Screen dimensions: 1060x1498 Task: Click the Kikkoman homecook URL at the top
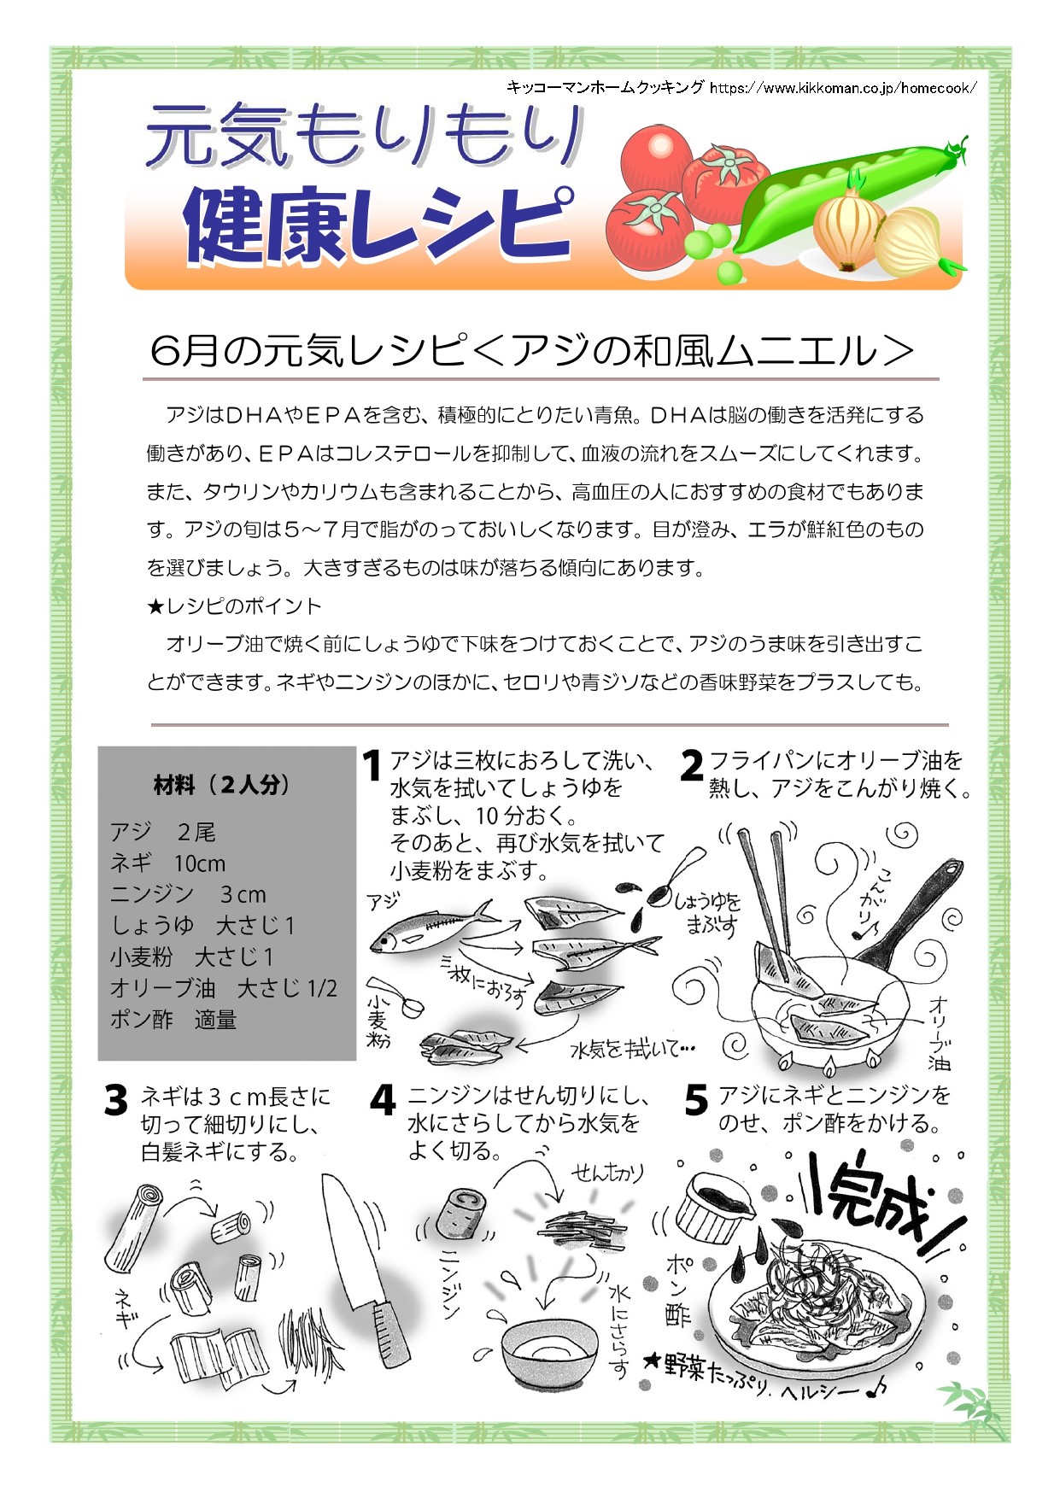tap(842, 88)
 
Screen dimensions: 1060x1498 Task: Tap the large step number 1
tap(372, 765)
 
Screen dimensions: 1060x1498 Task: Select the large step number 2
tap(692, 765)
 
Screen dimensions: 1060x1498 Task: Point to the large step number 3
tap(116, 1100)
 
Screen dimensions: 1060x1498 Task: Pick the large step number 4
tap(384, 1100)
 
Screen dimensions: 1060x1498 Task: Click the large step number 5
tap(697, 1100)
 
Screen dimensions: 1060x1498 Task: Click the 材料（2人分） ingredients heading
tap(222, 785)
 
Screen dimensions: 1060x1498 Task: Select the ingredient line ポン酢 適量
tap(173, 1020)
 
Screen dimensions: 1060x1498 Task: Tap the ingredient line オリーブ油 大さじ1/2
tap(224, 989)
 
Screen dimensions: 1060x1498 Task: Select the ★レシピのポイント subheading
tap(234, 606)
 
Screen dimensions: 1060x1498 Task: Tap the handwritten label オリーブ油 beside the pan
tap(940, 1033)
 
